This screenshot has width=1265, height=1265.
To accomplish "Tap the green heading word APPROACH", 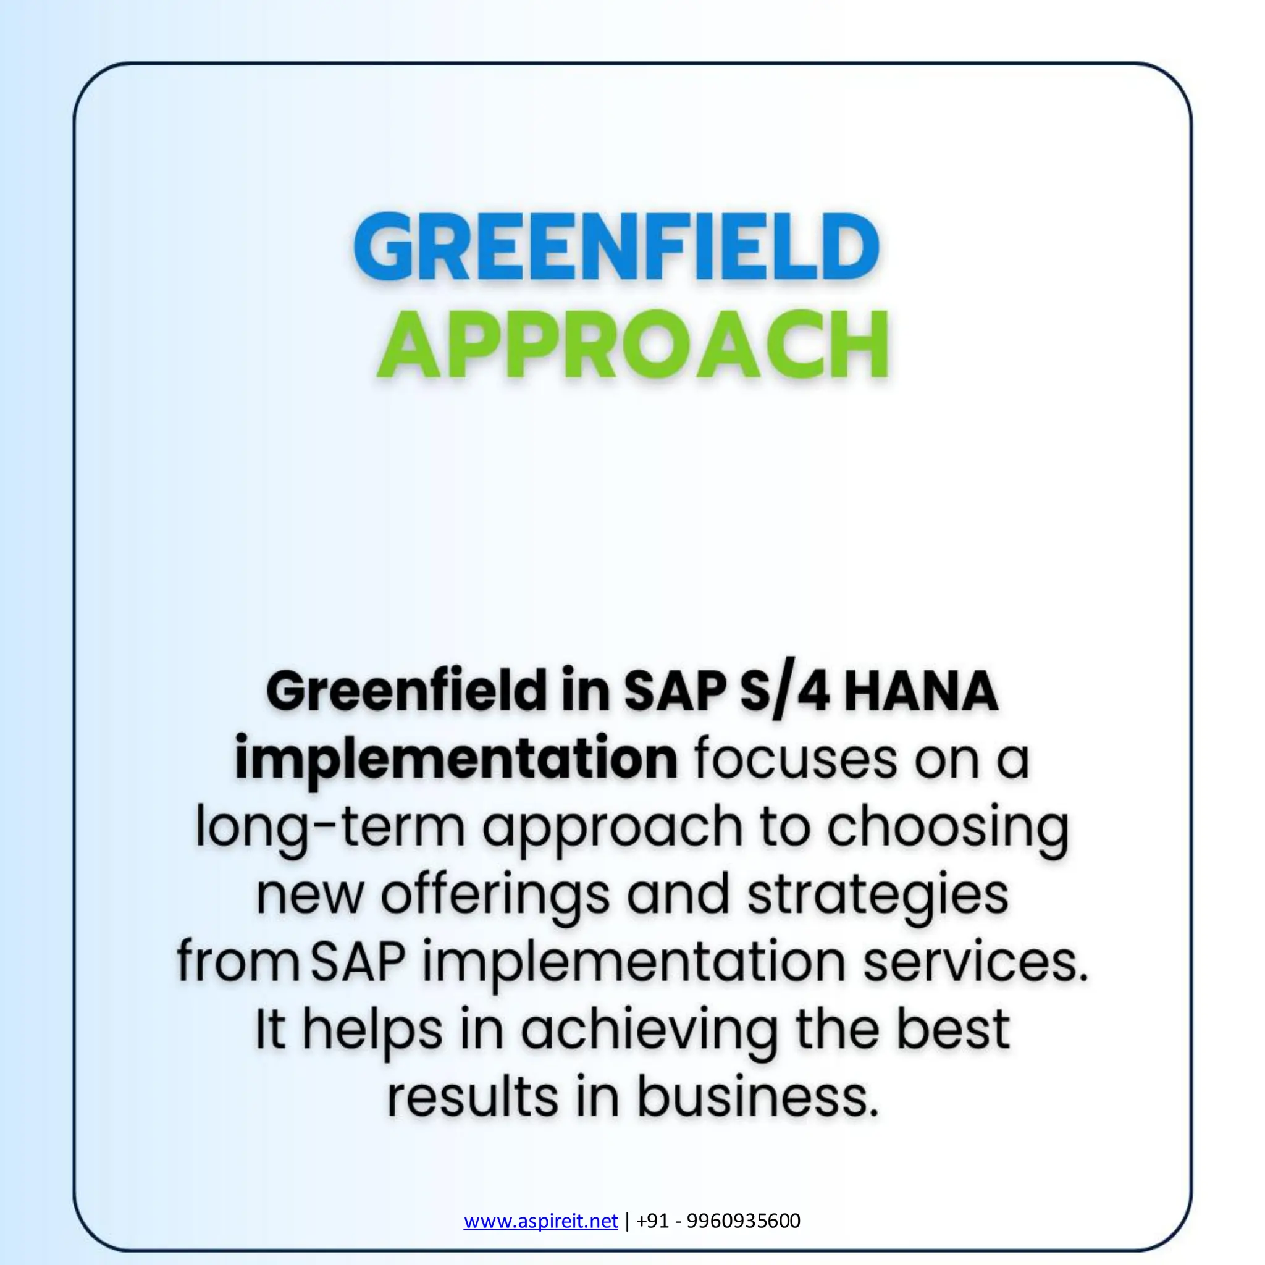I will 632,345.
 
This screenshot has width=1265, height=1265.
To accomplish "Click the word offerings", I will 495,896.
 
